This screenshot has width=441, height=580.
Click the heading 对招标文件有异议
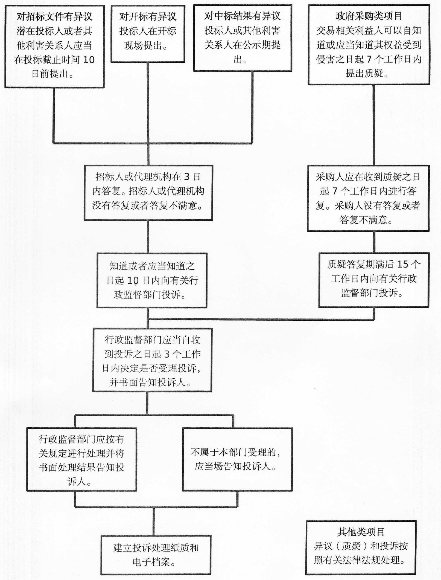(x=54, y=17)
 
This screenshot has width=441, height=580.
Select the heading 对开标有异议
(x=148, y=17)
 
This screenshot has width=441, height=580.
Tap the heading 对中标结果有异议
(x=243, y=16)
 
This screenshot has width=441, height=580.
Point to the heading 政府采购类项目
(x=369, y=16)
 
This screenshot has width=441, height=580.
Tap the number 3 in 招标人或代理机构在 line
(x=187, y=177)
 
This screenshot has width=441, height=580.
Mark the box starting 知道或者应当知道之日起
(x=152, y=280)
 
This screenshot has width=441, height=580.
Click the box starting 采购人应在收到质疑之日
(x=368, y=198)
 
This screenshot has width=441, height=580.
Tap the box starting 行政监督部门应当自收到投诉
(x=152, y=360)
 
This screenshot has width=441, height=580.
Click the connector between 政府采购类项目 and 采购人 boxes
(x=374, y=125)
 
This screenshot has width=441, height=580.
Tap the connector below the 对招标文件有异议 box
(x=54, y=115)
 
